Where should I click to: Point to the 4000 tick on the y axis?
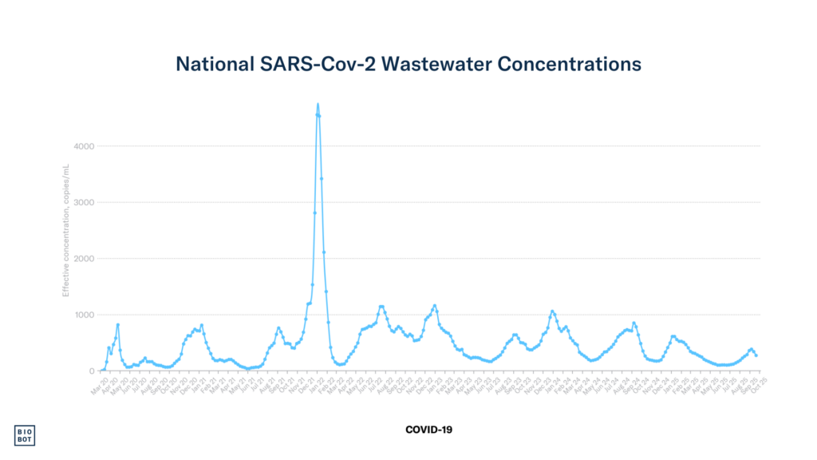(85, 146)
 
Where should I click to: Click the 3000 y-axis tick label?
(85, 202)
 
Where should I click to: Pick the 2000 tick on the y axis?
(85, 259)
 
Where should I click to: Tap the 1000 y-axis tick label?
(85, 315)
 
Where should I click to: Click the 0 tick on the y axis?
(92, 371)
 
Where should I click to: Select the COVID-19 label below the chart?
(428, 430)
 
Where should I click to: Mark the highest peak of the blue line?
(318, 104)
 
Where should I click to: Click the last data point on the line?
(756, 355)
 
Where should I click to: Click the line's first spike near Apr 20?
(118, 325)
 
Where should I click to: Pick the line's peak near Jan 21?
(202, 325)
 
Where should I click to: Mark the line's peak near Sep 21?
(278, 327)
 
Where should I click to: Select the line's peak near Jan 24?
(552, 311)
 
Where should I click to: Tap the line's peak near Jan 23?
(435, 305)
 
